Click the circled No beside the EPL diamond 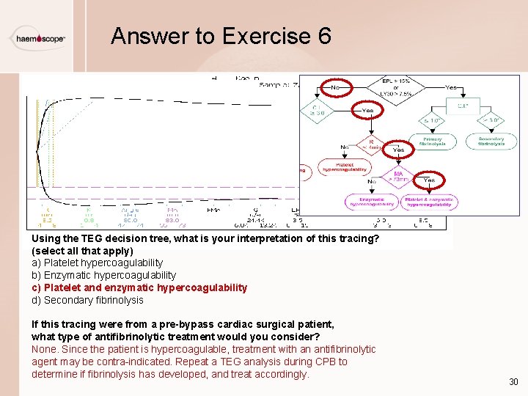334,87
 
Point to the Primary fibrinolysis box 433,141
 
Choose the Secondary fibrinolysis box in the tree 491,141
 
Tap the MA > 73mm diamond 399,177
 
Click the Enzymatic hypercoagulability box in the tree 373,202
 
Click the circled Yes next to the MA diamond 429,180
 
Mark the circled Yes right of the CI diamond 367,111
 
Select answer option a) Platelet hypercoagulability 97,263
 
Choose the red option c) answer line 139,287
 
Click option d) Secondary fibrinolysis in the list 87,300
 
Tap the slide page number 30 513,382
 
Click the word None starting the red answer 44,349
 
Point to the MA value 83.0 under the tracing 172,219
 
